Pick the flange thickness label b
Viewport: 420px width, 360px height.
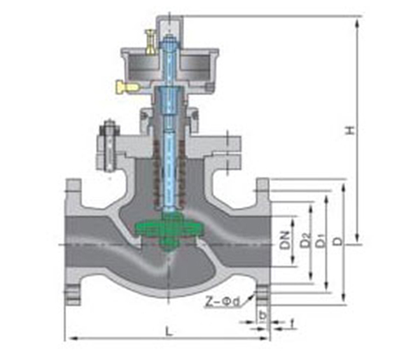click(262, 314)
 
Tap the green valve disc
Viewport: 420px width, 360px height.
click(165, 230)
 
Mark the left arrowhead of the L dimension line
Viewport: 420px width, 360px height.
click(69, 339)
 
